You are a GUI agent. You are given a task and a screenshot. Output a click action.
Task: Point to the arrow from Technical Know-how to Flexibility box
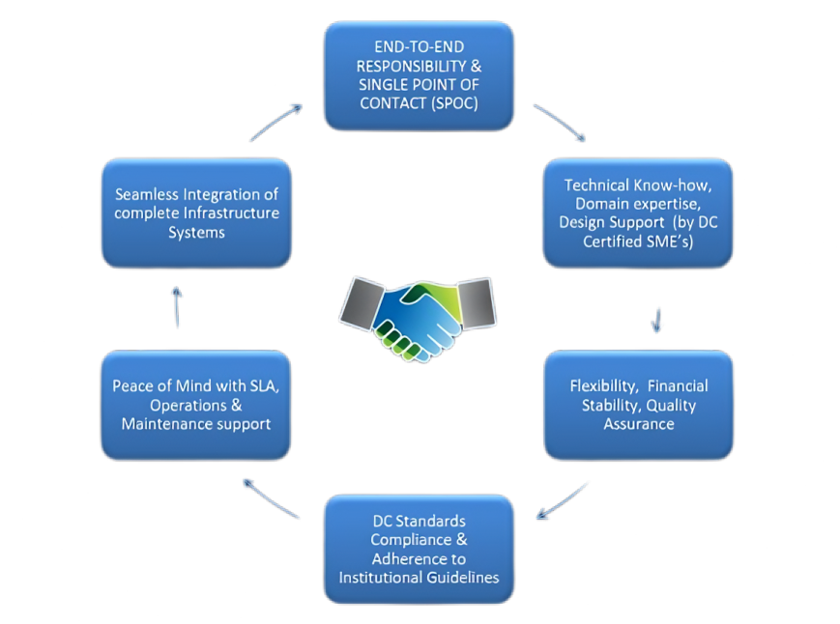point(657,319)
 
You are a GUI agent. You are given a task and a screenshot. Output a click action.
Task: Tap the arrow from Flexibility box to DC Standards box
point(563,500)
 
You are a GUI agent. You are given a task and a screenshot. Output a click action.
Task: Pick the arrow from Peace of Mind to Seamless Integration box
point(178,307)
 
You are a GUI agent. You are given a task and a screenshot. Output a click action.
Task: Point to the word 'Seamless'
point(146,195)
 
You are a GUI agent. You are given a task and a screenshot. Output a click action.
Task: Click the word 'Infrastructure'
point(231,213)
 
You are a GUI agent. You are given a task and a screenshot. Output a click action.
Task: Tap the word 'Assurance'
point(639,423)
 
